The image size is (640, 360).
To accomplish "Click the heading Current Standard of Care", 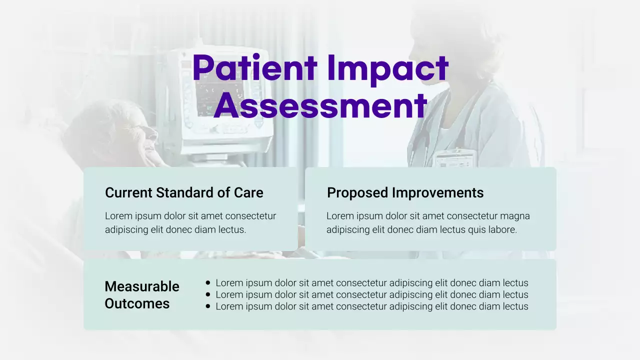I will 184,192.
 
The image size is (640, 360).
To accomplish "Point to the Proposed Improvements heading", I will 405,192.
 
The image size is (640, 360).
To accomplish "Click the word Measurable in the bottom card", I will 142,286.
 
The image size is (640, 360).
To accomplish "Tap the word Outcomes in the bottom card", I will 137,303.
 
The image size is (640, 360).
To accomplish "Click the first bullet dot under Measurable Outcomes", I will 208,283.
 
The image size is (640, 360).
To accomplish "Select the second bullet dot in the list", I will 208,294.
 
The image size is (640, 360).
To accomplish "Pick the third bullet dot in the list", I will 208,306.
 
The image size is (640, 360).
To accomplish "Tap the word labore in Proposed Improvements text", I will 501,230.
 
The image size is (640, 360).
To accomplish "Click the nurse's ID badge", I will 452,158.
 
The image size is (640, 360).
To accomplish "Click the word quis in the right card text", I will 476,230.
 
